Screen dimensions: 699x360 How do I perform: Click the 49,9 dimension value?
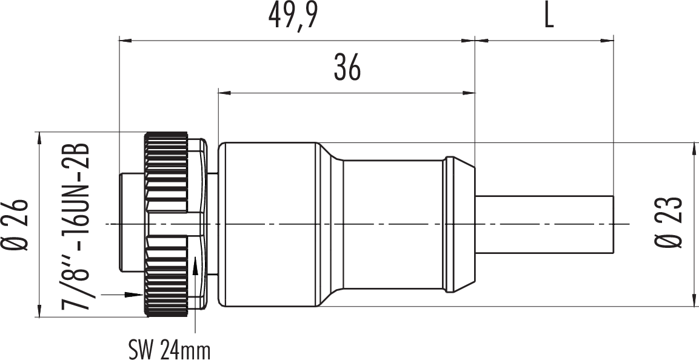[293, 16]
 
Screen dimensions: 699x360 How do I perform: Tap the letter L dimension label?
[549, 16]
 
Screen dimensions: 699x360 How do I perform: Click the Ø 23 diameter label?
[669, 222]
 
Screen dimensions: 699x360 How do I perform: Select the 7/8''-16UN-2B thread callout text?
[75, 227]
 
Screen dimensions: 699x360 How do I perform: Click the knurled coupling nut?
[166, 224]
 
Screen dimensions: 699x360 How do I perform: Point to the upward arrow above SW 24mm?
[195, 294]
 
